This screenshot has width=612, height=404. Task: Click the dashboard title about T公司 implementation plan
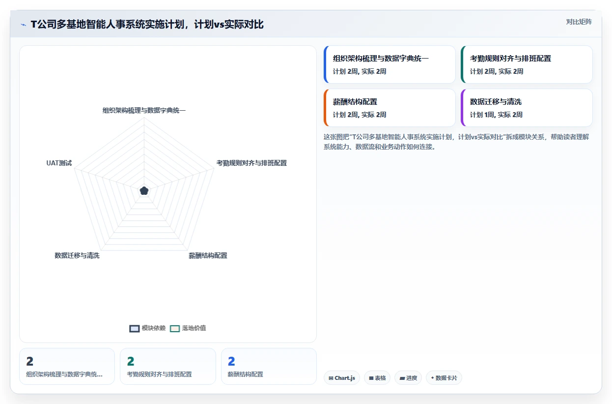pos(147,25)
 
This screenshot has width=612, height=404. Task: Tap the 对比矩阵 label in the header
pos(579,22)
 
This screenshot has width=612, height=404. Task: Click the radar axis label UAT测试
pos(59,163)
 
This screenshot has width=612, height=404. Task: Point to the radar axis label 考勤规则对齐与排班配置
pos(251,163)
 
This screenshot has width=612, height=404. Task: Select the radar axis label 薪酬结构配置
pos(208,256)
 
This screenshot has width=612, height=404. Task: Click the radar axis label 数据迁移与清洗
pos(77,256)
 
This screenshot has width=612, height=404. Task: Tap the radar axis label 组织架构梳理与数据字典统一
pos(144,110)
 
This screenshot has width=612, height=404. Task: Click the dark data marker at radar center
pos(144,191)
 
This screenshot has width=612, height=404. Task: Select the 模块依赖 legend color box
pos(135,328)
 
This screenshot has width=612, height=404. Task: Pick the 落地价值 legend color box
pos(175,328)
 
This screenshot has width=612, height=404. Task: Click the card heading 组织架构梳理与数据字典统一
pos(381,58)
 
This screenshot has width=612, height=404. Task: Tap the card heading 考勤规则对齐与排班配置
pos(510,58)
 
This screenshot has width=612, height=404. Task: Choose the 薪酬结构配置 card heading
pos(355,102)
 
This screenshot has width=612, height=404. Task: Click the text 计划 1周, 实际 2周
pos(496,115)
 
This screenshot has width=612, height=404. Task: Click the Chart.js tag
pos(342,378)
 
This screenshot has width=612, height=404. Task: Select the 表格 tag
pos(377,378)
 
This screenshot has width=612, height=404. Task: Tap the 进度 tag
pos(408,378)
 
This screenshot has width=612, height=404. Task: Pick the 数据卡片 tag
pos(444,378)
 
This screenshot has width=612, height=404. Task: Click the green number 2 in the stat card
pos(131,361)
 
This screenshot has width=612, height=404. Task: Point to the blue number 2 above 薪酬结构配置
pos(231,361)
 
